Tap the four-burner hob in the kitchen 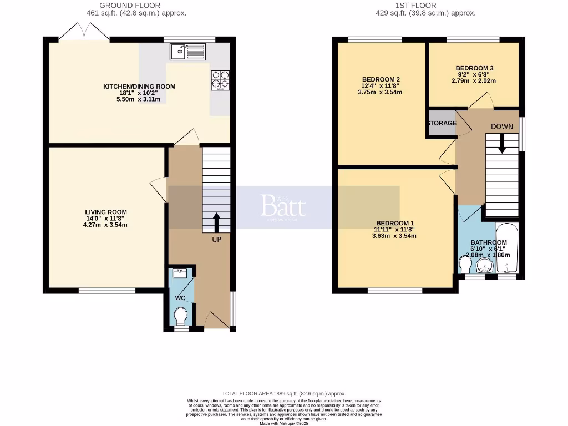pyautogui.click(x=220, y=80)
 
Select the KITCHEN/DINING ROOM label pyautogui.click(x=139, y=87)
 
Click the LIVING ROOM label pyautogui.click(x=106, y=212)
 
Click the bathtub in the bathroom pyautogui.click(x=506, y=249)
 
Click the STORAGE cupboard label pyautogui.click(x=442, y=123)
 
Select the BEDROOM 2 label pyautogui.click(x=381, y=79)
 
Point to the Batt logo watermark pyautogui.click(x=283, y=206)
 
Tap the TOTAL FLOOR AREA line pyautogui.click(x=283, y=393)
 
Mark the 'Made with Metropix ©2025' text pyautogui.click(x=283, y=423)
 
